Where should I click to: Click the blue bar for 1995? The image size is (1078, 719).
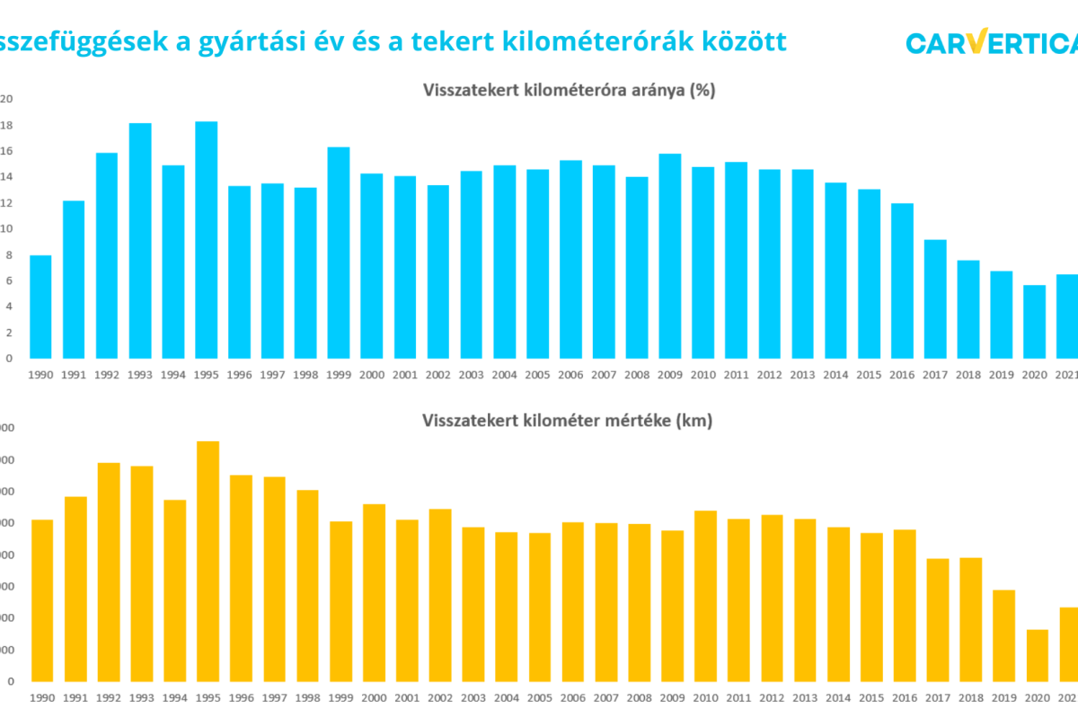coord(207,239)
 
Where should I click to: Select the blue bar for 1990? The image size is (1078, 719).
coord(40,306)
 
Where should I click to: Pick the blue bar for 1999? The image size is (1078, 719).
coord(339,252)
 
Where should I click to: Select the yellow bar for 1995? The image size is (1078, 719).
coord(208,561)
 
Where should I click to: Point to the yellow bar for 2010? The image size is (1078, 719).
coord(706,596)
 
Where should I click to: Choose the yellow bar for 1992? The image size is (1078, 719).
coord(109,572)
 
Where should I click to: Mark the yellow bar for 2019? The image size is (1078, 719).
coord(1004,635)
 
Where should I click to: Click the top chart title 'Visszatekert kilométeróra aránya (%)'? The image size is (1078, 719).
coord(569,90)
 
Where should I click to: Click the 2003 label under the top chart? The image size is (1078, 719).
coord(472,374)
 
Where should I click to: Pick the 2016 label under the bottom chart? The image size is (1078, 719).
coord(905,697)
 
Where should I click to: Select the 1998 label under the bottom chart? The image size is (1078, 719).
coord(307,697)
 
